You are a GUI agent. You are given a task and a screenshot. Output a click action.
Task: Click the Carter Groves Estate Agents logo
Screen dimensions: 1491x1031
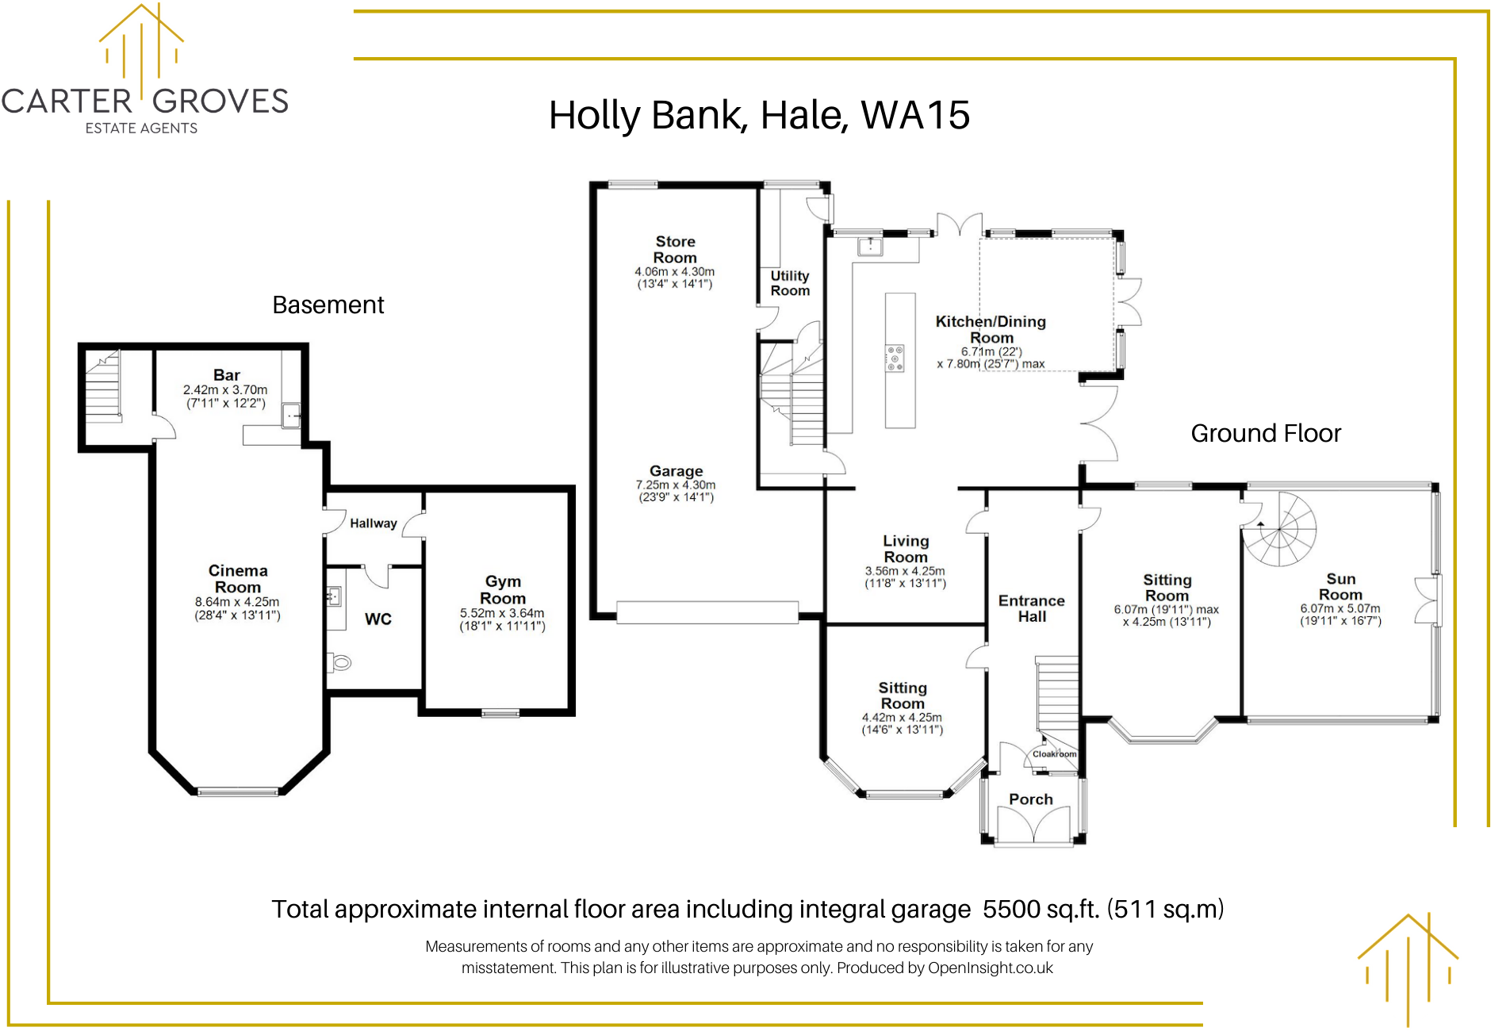click(144, 71)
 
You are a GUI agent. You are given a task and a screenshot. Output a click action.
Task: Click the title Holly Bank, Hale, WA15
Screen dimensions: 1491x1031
click(759, 116)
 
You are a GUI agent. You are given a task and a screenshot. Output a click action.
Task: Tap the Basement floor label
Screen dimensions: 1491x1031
click(328, 305)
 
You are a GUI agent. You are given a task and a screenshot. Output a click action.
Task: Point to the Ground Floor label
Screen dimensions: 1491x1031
click(1266, 434)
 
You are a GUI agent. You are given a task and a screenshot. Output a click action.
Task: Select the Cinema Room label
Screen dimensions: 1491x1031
click(238, 579)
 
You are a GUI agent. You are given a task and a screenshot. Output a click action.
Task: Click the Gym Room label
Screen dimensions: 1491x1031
click(503, 590)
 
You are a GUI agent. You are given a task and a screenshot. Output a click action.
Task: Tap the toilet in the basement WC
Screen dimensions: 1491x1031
click(340, 662)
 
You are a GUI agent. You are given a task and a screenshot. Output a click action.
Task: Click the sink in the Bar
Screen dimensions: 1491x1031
click(292, 415)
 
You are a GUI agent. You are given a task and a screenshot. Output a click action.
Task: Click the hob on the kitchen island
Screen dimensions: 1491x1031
click(895, 358)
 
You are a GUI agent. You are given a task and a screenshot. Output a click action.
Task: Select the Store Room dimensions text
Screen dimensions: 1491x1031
click(675, 278)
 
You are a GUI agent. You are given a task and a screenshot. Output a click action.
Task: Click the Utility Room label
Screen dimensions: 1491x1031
click(790, 283)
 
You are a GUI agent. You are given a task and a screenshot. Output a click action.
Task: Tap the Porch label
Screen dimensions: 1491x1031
click(1031, 799)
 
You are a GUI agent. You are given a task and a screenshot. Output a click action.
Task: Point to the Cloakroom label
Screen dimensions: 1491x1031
click(1054, 754)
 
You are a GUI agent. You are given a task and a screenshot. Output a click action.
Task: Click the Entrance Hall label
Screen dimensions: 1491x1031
click(1032, 608)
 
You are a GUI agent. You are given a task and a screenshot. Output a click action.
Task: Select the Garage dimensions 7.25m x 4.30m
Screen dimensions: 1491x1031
click(676, 485)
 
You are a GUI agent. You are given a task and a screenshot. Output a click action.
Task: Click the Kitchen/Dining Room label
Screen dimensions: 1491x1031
click(991, 329)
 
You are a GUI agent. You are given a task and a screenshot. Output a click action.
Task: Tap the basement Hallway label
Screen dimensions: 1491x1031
click(374, 523)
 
